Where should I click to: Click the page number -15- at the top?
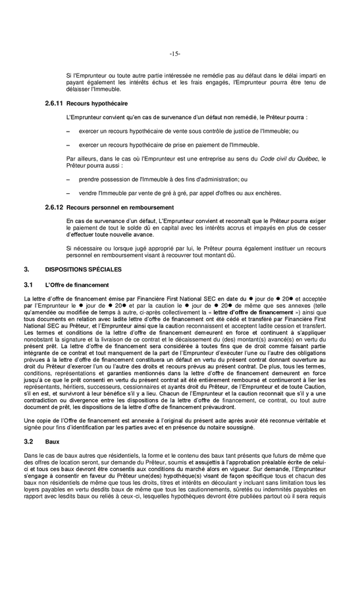(x=174, y=53)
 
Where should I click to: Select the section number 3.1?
(x=28, y=285)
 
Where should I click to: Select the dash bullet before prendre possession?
(x=69, y=179)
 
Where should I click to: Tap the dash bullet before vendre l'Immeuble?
(x=69, y=193)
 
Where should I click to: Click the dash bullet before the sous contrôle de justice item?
(x=69, y=131)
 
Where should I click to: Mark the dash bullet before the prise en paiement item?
(x=69, y=145)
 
